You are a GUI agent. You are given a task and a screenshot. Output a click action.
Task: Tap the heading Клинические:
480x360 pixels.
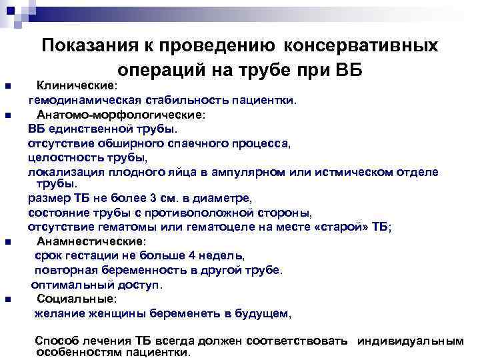click(77, 86)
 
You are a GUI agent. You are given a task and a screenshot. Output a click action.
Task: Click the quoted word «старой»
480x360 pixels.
click(347, 227)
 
